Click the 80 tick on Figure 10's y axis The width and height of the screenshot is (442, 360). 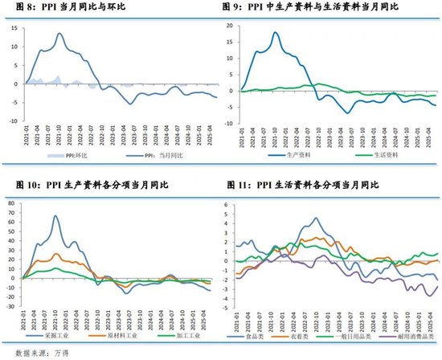coord(12,202)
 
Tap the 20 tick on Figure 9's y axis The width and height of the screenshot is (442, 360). coord(228,26)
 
